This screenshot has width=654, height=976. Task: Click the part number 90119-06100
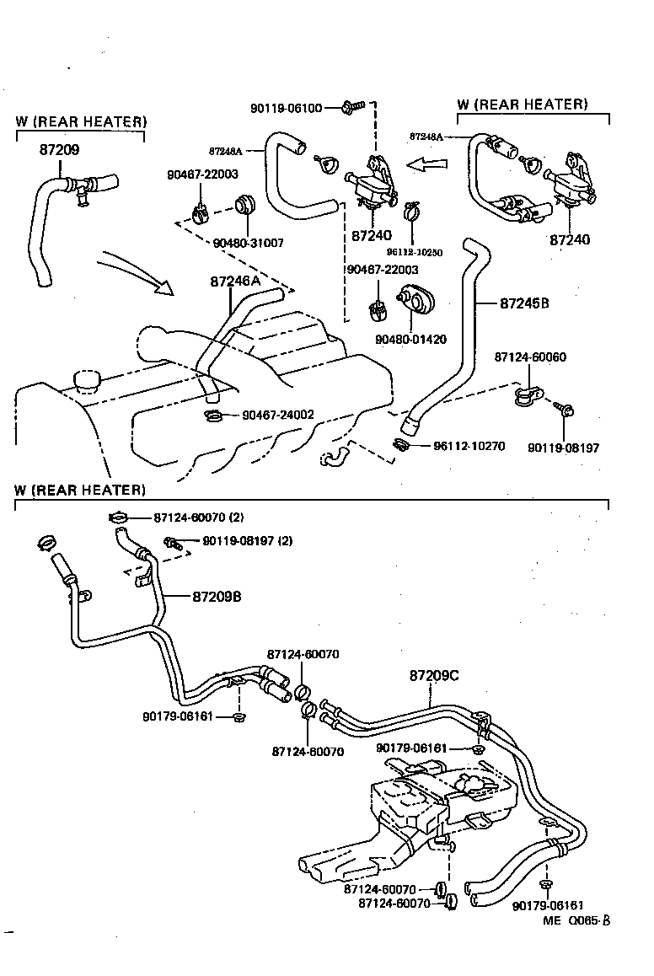(286, 108)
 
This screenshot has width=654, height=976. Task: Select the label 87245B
(524, 303)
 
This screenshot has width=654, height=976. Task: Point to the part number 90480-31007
(249, 243)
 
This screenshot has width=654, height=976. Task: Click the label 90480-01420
(411, 339)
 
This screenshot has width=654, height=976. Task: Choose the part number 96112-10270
(469, 446)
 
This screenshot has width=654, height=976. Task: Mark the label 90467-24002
(278, 415)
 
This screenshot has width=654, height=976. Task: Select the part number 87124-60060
(530, 357)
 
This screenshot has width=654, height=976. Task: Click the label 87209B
(217, 596)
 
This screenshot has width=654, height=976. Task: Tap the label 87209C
(435, 675)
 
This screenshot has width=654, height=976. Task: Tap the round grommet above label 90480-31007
(244, 204)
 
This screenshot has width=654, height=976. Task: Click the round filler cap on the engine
(87, 379)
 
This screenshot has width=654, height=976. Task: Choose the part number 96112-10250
(415, 251)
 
